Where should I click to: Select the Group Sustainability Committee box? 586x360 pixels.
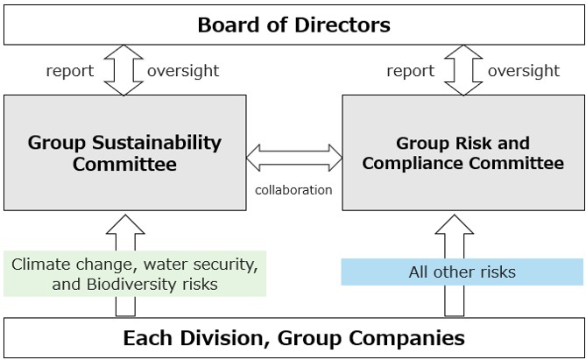(124, 152)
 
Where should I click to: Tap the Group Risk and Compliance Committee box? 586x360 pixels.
(462, 152)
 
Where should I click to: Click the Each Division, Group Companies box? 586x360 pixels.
(293, 337)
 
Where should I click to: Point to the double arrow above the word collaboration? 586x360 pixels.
(294, 159)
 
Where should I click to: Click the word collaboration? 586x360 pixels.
(293, 189)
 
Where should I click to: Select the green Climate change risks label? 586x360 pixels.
(135, 273)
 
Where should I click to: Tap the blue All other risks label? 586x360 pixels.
(462, 272)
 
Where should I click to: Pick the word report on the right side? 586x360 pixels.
(410, 71)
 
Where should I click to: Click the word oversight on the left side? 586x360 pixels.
(184, 71)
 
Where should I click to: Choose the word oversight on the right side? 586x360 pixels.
(523, 71)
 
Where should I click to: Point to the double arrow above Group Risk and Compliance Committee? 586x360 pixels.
(462, 70)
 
